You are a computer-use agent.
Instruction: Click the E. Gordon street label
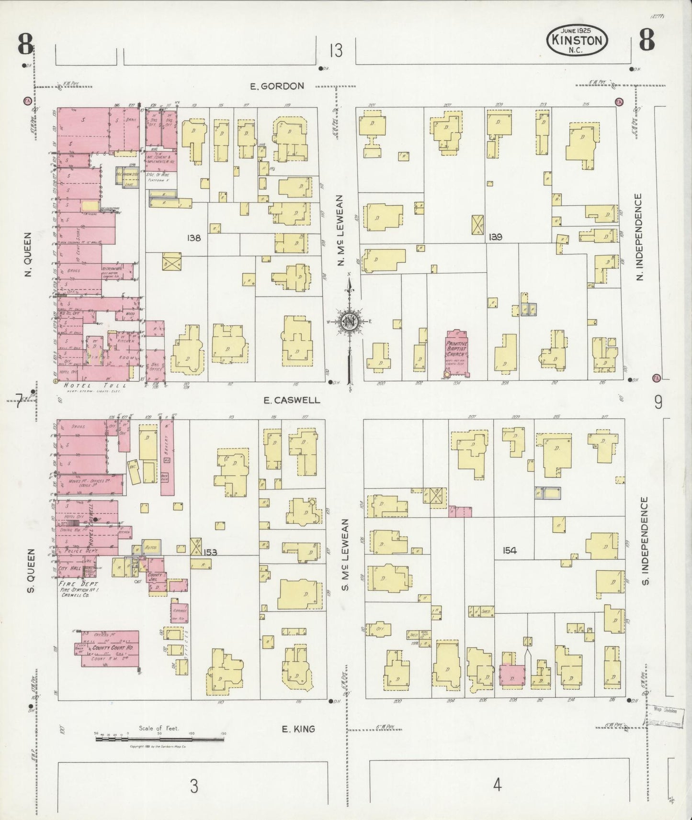click(277, 86)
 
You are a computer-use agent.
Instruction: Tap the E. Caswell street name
click(292, 400)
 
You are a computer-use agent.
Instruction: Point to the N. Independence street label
click(640, 237)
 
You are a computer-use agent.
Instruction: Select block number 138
click(194, 238)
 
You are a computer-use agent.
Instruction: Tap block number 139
click(495, 237)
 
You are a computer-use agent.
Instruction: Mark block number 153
click(210, 553)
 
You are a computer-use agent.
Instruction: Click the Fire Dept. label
click(78, 584)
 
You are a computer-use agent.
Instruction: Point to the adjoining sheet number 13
click(336, 50)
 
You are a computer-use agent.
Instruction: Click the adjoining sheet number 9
click(658, 403)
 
